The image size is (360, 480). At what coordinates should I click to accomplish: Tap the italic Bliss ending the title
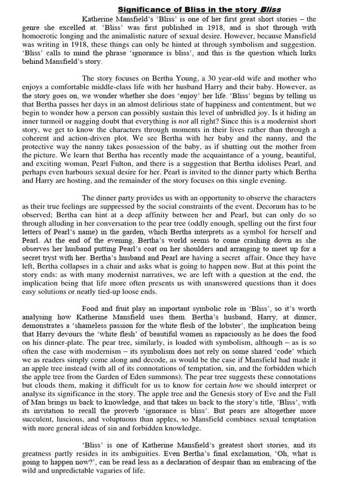click(x=270, y=9)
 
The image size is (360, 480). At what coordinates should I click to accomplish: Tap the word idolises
click(x=261, y=164)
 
